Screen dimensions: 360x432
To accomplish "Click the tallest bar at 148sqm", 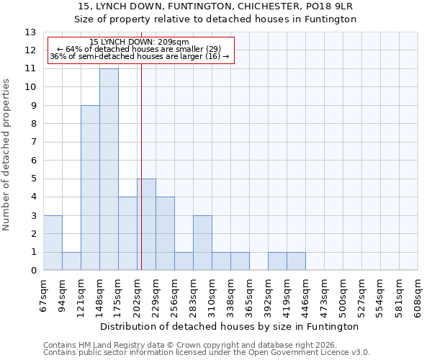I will [109, 169].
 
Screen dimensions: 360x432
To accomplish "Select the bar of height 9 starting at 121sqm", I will [90, 188].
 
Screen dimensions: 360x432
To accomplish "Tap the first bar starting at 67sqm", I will [53, 243].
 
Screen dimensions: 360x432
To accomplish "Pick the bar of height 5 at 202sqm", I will [147, 225].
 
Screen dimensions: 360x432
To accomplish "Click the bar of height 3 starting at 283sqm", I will [202, 243].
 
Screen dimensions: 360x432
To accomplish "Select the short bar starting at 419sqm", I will [296, 261].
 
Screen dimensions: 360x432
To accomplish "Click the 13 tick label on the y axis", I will [30, 32].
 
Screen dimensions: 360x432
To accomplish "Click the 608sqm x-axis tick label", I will [418, 296].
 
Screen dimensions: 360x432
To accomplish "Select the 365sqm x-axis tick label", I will [250, 296].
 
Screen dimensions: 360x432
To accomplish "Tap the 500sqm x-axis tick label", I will [343, 296].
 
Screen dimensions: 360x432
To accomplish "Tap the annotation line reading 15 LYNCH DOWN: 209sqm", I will [140, 42].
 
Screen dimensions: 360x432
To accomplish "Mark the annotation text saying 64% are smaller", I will [140, 49].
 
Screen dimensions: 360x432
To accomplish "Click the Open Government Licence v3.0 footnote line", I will [207, 353].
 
